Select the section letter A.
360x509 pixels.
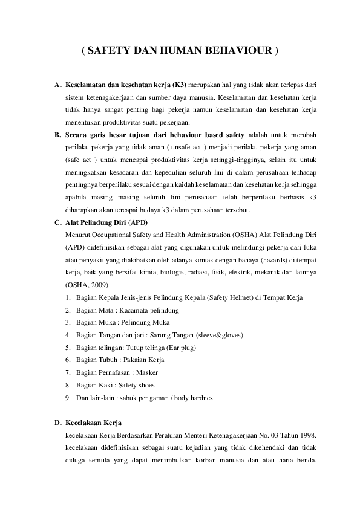click(x=57, y=83)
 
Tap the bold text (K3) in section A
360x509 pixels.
click(x=179, y=83)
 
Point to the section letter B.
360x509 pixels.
click(x=57, y=134)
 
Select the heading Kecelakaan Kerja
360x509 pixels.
click(x=93, y=423)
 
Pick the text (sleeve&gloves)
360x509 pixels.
click(x=222, y=335)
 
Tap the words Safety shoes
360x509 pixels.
click(x=137, y=385)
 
